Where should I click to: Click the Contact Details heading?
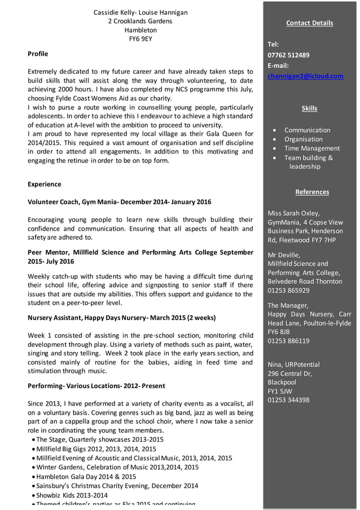(309, 23)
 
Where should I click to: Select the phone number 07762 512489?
(288, 55)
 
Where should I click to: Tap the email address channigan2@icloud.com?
(305, 76)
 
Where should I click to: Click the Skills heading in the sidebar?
(309, 108)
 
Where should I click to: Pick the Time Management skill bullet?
(311, 148)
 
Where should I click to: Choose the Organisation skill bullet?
(303, 139)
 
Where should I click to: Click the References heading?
(312, 192)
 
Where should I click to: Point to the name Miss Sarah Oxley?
(293, 213)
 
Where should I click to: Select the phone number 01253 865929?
(288, 291)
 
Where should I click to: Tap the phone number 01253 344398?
(288, 400)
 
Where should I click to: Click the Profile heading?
(38, 54)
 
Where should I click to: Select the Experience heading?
(45, 184)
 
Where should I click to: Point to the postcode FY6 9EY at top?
(141, 39)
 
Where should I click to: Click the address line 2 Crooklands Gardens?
(141, 21)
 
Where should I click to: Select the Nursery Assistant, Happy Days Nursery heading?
(121, 318)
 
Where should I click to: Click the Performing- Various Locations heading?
(96, 386)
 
